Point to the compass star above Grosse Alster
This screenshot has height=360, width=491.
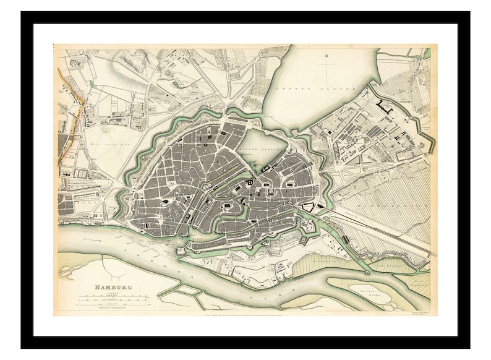pyautogui.click(x=326, y=61)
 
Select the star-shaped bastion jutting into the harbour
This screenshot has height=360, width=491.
pyautogui.click(x=186, y=252)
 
